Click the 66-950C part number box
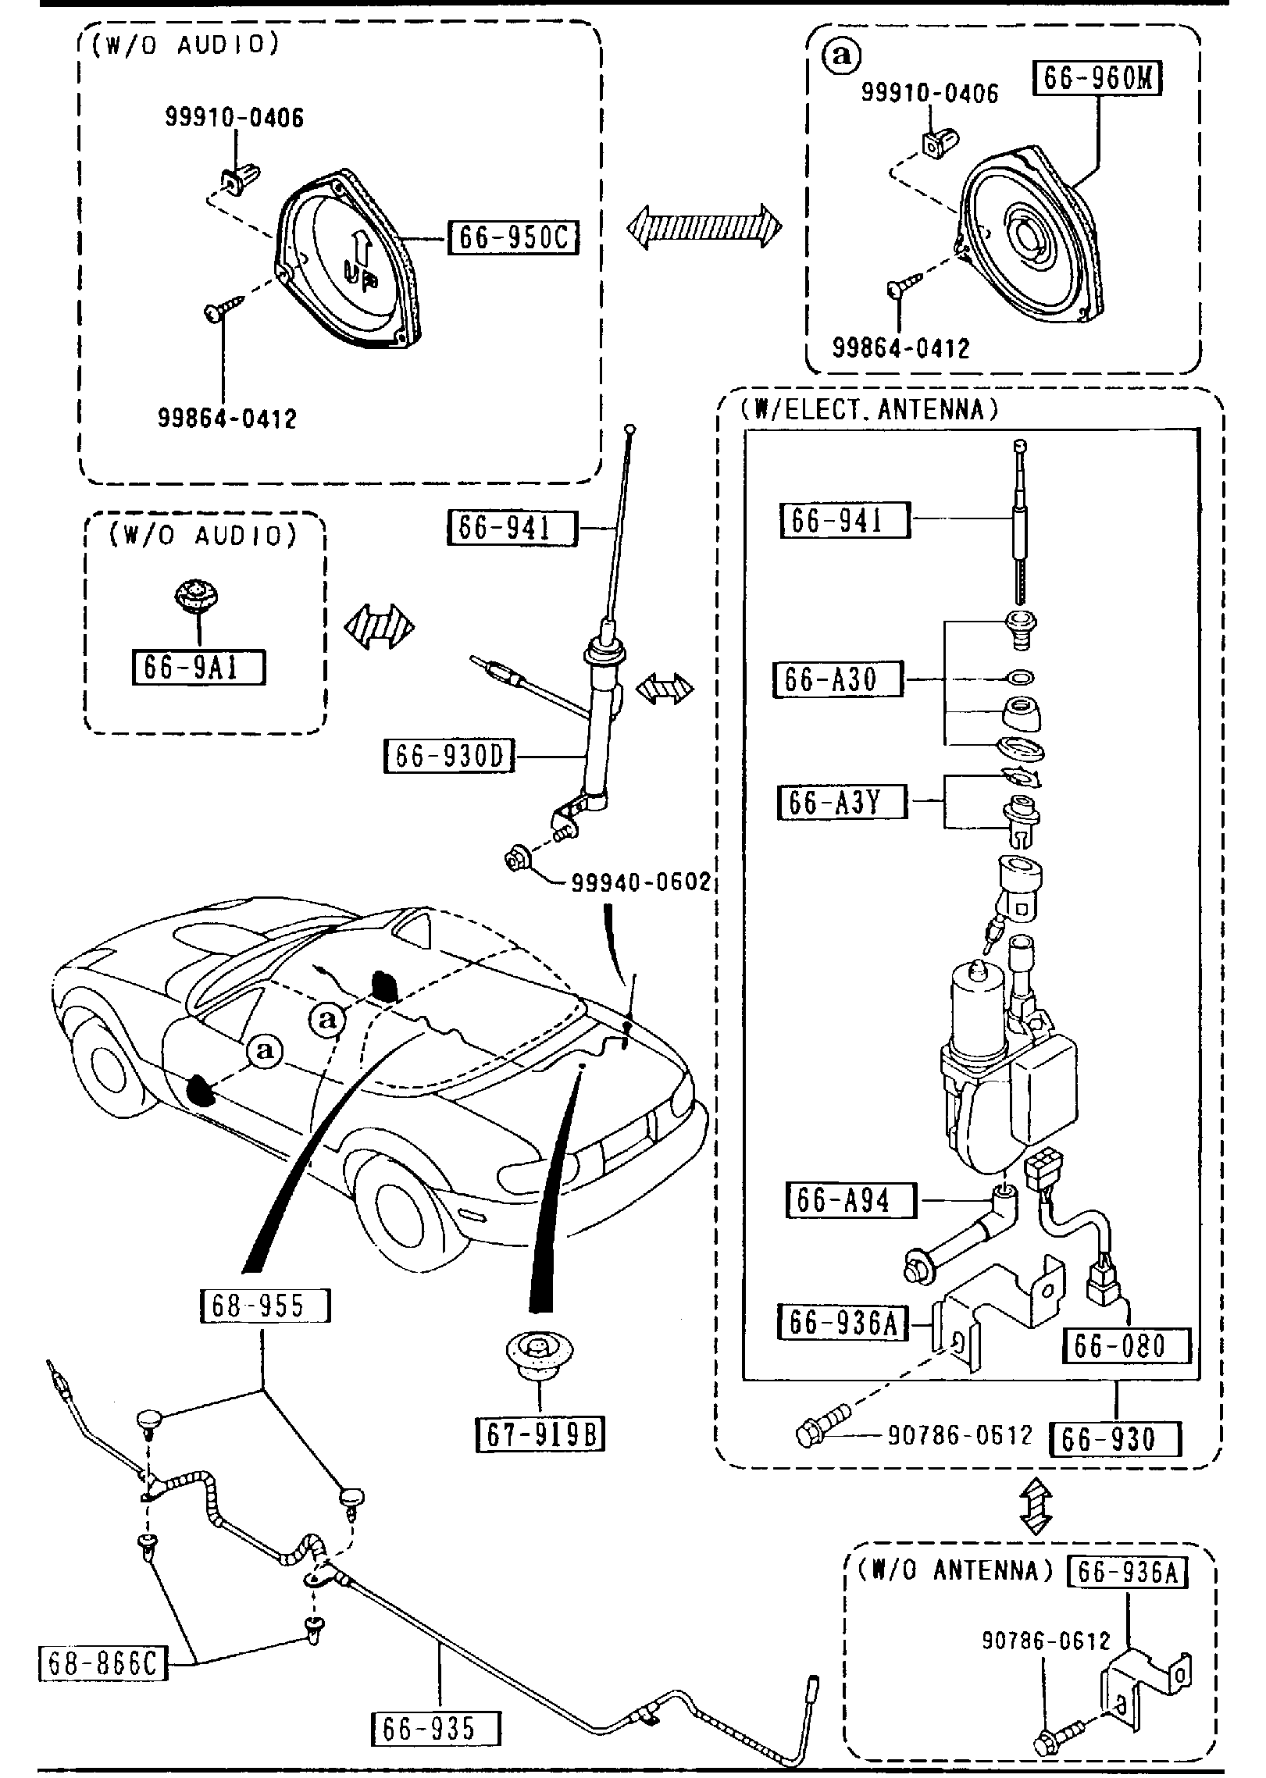pos(513,237)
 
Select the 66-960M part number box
pos(1097,79)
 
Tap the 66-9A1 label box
pos(199,668)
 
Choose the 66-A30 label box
pos(837,679)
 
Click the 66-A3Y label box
pos(842,802)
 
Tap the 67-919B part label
pos(540,1434)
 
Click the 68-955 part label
pos(265,1306)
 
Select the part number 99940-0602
pos(640,882)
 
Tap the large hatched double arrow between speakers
pos(704,227)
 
